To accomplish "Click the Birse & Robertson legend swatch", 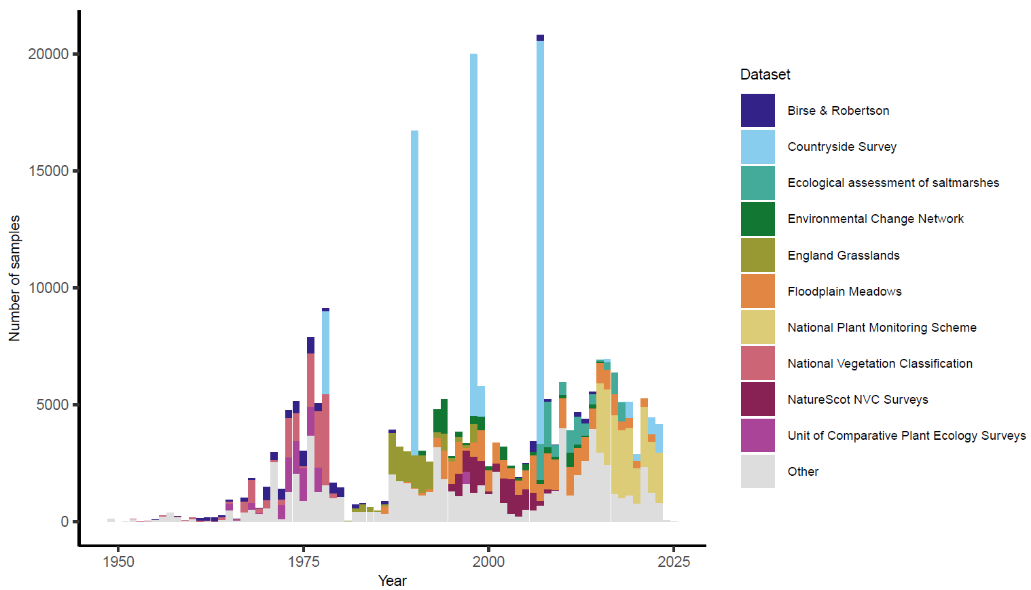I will point(757,111).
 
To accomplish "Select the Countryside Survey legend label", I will point(842,147).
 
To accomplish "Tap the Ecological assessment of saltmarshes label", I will point(893,183).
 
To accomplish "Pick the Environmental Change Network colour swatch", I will point(757,219).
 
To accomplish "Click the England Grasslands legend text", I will point(843,256).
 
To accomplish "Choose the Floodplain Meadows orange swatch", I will point(757,291).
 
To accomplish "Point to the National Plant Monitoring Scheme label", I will point(882,328).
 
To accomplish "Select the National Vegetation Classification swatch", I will point(757,363).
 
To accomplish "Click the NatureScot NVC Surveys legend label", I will point(857,400).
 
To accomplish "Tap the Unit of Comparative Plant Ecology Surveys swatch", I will point(757,436).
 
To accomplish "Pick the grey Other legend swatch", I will point(757,472).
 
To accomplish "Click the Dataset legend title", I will point(765,75).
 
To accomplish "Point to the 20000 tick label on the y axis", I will point(48,54).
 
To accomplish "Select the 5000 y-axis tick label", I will point(52,405).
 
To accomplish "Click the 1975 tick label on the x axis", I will point(304,562).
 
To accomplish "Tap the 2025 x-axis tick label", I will point(674,562).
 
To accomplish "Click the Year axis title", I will point(392,580).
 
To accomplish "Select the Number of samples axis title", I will point(14,278).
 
